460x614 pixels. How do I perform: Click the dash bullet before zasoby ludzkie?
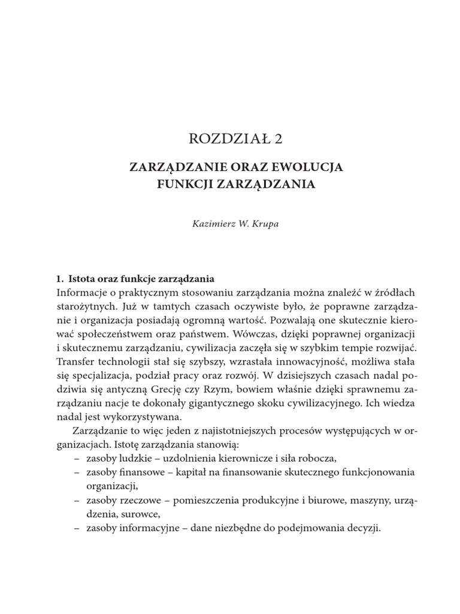pyautogui.click(x=77, y=458)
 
